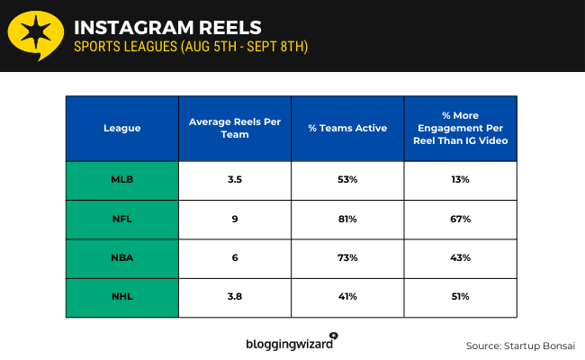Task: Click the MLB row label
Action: click(x=121, y=180)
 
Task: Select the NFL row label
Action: click(x=121, y=219)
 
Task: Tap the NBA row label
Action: click(x=121, y=257)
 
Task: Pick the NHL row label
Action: click(x=121, y=297)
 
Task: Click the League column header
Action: click(x=121, y=128)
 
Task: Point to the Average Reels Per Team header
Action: click(x=234, y=128)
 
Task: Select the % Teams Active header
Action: click(x=347, y=128)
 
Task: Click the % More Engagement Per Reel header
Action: click(x=461, y=128)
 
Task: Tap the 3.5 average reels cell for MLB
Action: click(x=234, y=180)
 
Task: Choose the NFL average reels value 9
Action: click(x=234, y=219)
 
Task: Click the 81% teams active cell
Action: click(x=347, y=219)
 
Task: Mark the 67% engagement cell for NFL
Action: click(x=461, y=219)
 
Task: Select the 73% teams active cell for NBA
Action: click(x=347, y=257)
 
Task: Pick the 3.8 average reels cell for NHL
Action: click(x=234, y=297)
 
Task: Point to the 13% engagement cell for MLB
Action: click(x=461, y=180)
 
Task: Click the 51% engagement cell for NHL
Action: click(x=461, y=297)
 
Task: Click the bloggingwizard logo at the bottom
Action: click(x=291, y=342)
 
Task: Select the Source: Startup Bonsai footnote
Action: click(x=519, y=346)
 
